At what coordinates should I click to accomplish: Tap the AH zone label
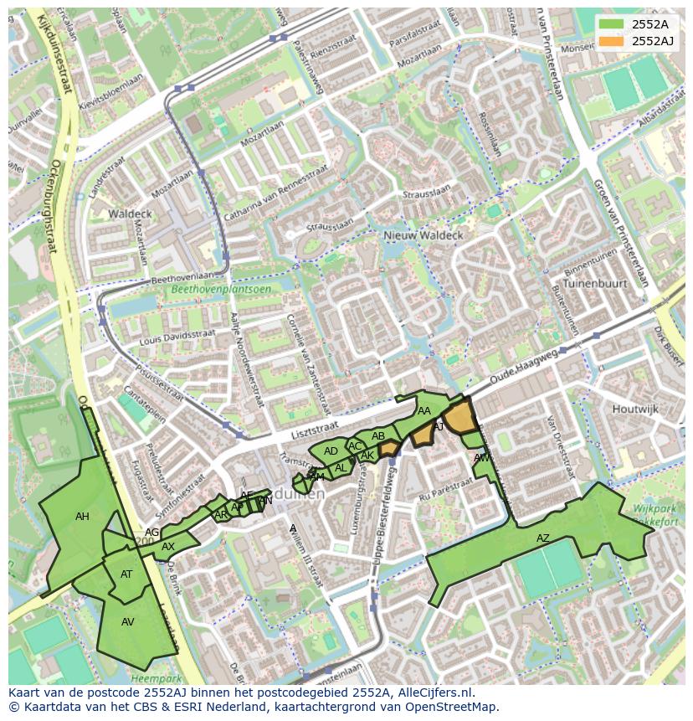(x=82, y=517)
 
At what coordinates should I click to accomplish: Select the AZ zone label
(x=543, y=538)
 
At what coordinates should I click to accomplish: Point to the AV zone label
(x=128, y=622)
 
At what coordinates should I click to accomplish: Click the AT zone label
(x=126, y=574)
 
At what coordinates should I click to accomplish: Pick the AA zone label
(x=424, y=411)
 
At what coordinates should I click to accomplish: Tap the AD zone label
(x=331, y=451)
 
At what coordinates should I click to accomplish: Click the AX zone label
(x=168, y=547)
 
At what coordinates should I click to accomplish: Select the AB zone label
(x=378, y=436)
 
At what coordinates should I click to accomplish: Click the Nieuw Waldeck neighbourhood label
(x=423, y=236)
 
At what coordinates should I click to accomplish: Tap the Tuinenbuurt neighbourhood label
(x=595, y=284)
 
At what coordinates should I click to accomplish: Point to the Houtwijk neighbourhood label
(x=635, y=409)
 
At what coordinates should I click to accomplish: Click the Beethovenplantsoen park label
(x=221, y=290)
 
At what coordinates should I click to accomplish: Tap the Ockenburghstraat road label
(x=57, y=209)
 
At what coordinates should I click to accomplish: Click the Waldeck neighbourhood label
(x=130, y=214)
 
